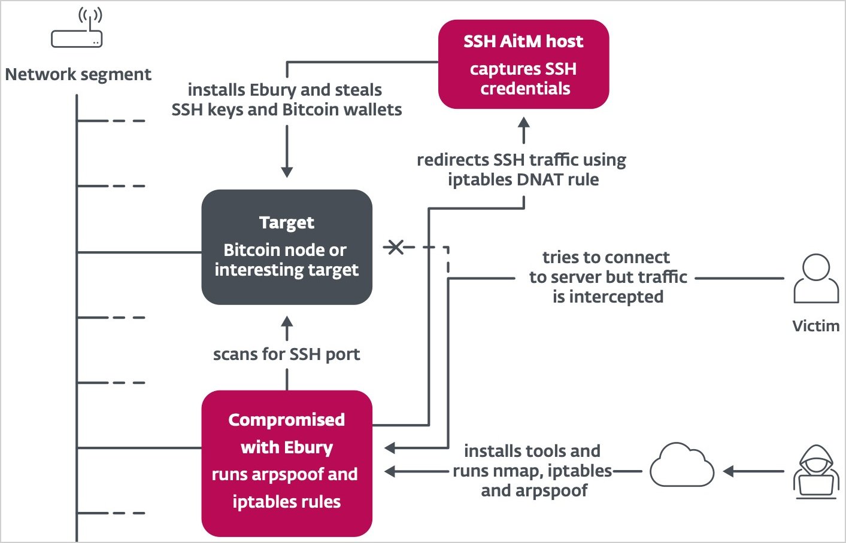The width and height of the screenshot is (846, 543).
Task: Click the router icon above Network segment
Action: (77, 30)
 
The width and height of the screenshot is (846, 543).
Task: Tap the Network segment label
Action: (78, 75)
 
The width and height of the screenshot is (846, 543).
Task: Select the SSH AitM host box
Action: (524, 64)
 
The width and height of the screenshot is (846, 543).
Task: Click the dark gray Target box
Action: (287, 247)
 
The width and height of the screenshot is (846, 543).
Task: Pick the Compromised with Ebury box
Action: (287, 463)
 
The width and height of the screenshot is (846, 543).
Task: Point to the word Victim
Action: (815, 326)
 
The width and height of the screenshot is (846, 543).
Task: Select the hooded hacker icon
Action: (815, 472)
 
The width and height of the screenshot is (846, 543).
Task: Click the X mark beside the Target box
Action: (395, 246)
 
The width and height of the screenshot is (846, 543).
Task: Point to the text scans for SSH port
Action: (287, 354)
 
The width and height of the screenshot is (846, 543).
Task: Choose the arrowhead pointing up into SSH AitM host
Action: (524, 122)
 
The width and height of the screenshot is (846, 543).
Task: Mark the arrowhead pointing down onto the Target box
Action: (287, 172)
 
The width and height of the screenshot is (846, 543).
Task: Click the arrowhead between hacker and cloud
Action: (729, 471)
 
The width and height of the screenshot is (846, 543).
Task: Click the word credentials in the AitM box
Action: (525, 89)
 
